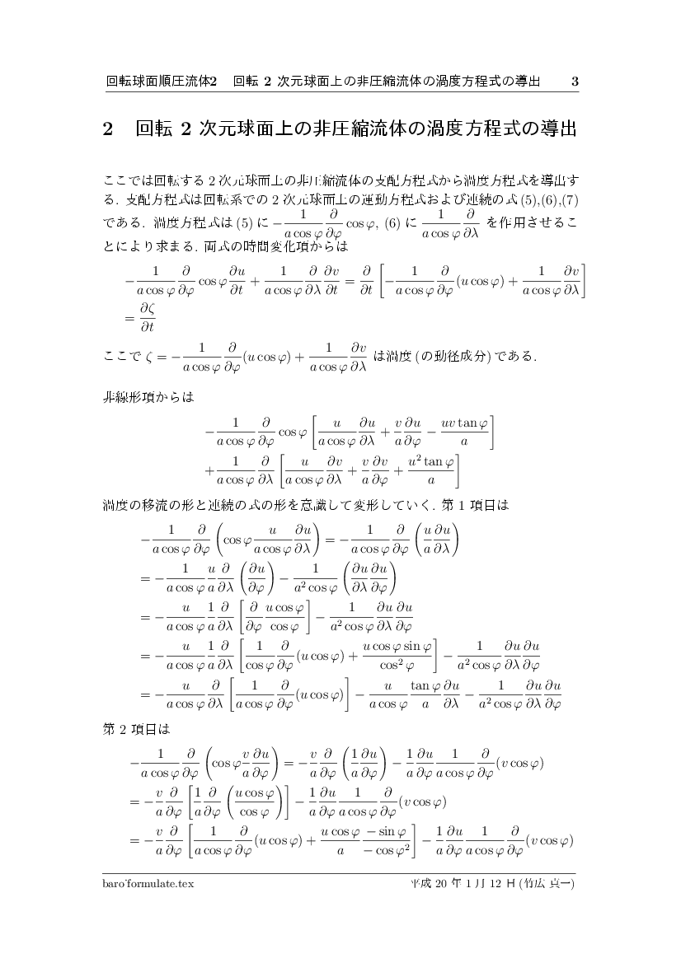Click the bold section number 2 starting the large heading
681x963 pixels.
107,129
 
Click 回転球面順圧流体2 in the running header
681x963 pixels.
162,82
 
